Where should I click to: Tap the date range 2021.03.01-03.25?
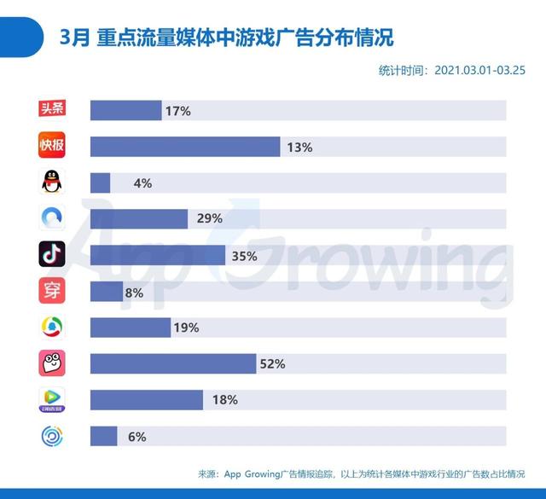pyautogui.click(x=480, y=70)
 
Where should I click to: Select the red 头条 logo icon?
pyautogui.click(x=52, y=110)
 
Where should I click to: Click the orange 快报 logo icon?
pyautogui.click(x=52, y=146)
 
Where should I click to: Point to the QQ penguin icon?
pyautogui.click(x=52, y=182)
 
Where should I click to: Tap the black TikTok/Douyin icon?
pyautogui.click(x=52, y=254)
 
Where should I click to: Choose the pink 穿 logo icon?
pyautogui.click(x=52, y=291)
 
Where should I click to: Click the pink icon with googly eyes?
pyautogui.click(x=52, y=363)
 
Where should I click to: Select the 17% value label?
pyautogui.click(x=178, y=111)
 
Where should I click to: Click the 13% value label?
pyautogui.click(x=299, y=147)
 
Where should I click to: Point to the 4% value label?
pyautogui.click(x=142, y=183)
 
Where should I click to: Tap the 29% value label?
pyautogui.click(x=209, y=219)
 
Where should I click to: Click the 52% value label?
pyautogui.click(x=272, y=364)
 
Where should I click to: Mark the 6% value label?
pyautogui.click(x=136, y=437)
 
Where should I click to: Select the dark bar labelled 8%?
pyautogui.click(x=107, y=292)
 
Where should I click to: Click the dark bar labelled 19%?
pyautogui.click(x=130, y=328)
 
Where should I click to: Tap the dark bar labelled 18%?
pyautogui.click(x=146, y=400)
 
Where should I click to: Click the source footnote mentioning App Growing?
pyautogui.click(x=360, y=474)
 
